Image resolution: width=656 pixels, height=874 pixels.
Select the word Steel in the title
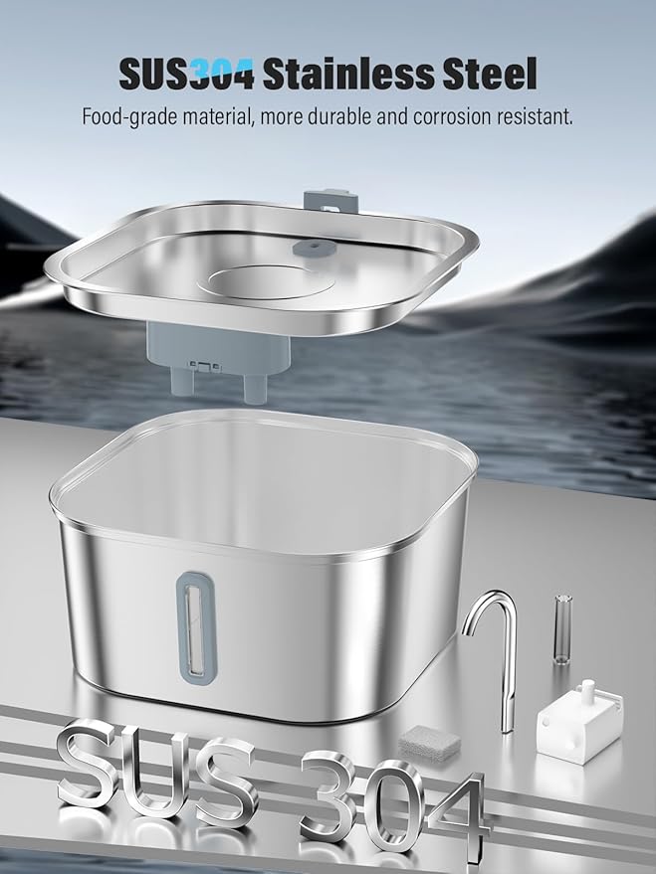click(487, 75)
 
